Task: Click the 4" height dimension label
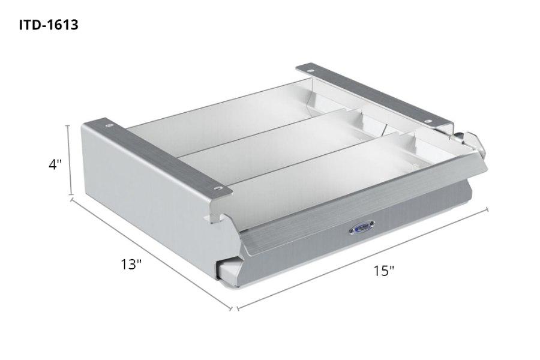point(56,164)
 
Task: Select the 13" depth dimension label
point(130,263)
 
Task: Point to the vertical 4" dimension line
point(71,160)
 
